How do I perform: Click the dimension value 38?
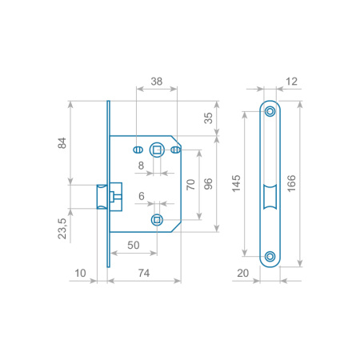pyautogui.click(x=157, y=82)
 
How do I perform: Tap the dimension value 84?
pyautogui.click(x=62, y=143)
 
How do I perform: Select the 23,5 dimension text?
pyautogui.click(x=62, y=229)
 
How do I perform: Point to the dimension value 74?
pyautogui.click(x=144, y=273)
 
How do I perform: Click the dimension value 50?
pyautogui.click(x=134, y=245)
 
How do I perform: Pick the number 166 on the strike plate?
pyautogui.click(x=291, y=183)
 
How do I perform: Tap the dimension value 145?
pyautogui.click(x=236, y=183)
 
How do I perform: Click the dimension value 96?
pyautogui.click(x=208, y=184)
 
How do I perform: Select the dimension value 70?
pyautogui.click(x=190, y=185)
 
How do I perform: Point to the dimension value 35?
pyautogui.click(x=208, y=118)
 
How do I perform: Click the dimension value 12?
pyautogui.click(x=291, y=82)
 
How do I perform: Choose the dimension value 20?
pyautogui.click(x=242, y=273)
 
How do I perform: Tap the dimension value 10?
pyautogui.click(x=80, y=273)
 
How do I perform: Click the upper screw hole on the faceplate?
pyautogui.click(x=270, y=111)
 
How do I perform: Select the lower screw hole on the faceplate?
pyautogui.click(x=270, y=256)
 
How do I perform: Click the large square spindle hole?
pyautogui.click(x=157, y=150)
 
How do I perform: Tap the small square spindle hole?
pyautogui.click(x=157, y=220)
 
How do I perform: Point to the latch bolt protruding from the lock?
pyautogui.click(x=102, y=197)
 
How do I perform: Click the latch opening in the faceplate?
pyautogui.click(x=270, y=197)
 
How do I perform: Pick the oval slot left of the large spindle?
pyautogui.click(x=138, y=150)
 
